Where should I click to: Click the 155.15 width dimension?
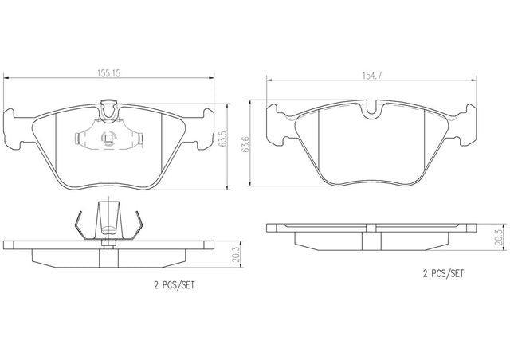pos(109,73)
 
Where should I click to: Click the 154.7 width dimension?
pos(372,76)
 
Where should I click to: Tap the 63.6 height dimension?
pos(245,143)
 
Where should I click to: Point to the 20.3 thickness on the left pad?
pos(237,254)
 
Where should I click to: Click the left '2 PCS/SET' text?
pos(174,285)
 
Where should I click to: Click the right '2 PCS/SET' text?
pos(443,274)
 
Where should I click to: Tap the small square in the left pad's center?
pos(108,139)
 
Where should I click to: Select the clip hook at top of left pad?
pos(108,111)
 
